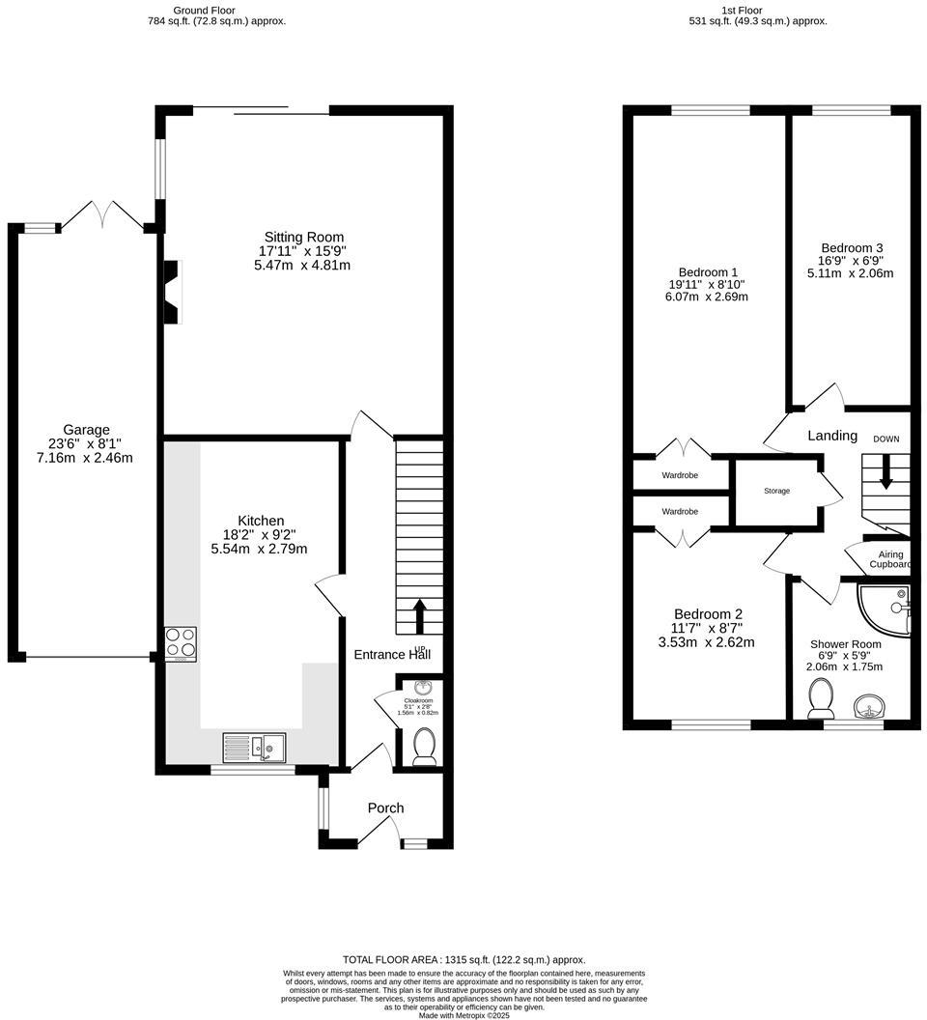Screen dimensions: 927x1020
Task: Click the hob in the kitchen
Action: click(x=181, y=644)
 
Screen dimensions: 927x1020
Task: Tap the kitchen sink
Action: click(x=254, y=747)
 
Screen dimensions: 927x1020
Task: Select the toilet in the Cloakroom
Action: click(x=425, y=747)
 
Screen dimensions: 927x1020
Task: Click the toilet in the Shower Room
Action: click(x=821, y=698)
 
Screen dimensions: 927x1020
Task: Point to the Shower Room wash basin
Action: click(x=868, y=706)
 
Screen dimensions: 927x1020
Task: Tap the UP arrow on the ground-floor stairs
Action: click(x=420, y=616)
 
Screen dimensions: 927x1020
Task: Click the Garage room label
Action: click(x=86, y=429)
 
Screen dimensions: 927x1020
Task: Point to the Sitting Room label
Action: click(x=304, y=238)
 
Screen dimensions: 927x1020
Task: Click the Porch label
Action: click(x=385, y=807)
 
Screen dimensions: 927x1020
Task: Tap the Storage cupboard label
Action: click(x=776, y=491)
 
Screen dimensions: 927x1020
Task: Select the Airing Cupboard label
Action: click(x=890, y=559)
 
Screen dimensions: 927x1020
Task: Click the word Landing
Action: click(x=832, y=436)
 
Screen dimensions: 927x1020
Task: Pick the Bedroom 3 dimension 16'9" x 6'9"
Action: click(x=851, y=260)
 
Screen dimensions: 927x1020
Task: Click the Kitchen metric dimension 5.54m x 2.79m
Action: click(x=259, y=549)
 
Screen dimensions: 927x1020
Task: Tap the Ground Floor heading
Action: click(x=205, y=11)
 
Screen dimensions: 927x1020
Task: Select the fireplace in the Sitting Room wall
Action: click(x=173, y=291)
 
